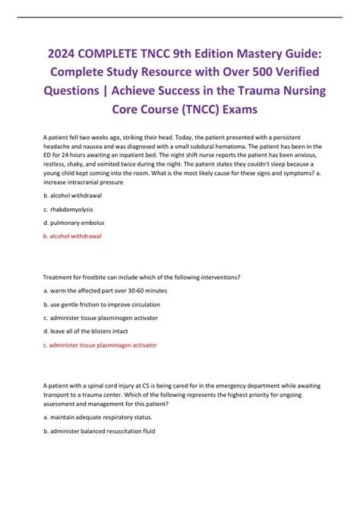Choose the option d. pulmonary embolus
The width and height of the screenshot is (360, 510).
pos(74,223)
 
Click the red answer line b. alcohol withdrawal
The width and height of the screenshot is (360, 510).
pos(72,236)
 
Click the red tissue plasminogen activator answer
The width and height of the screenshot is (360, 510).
pos(100,345)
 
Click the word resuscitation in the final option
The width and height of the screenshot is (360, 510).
pos(122,430)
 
